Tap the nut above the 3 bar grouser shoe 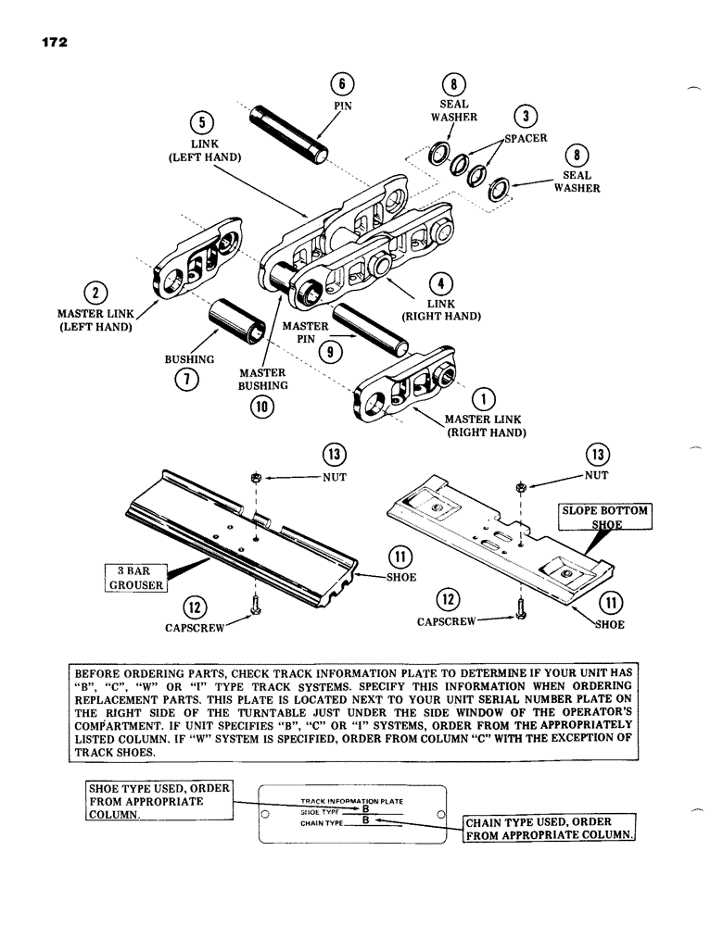tap(255, 478)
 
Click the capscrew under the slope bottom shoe tap(520, 616)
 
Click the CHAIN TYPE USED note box tap(551, 828)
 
